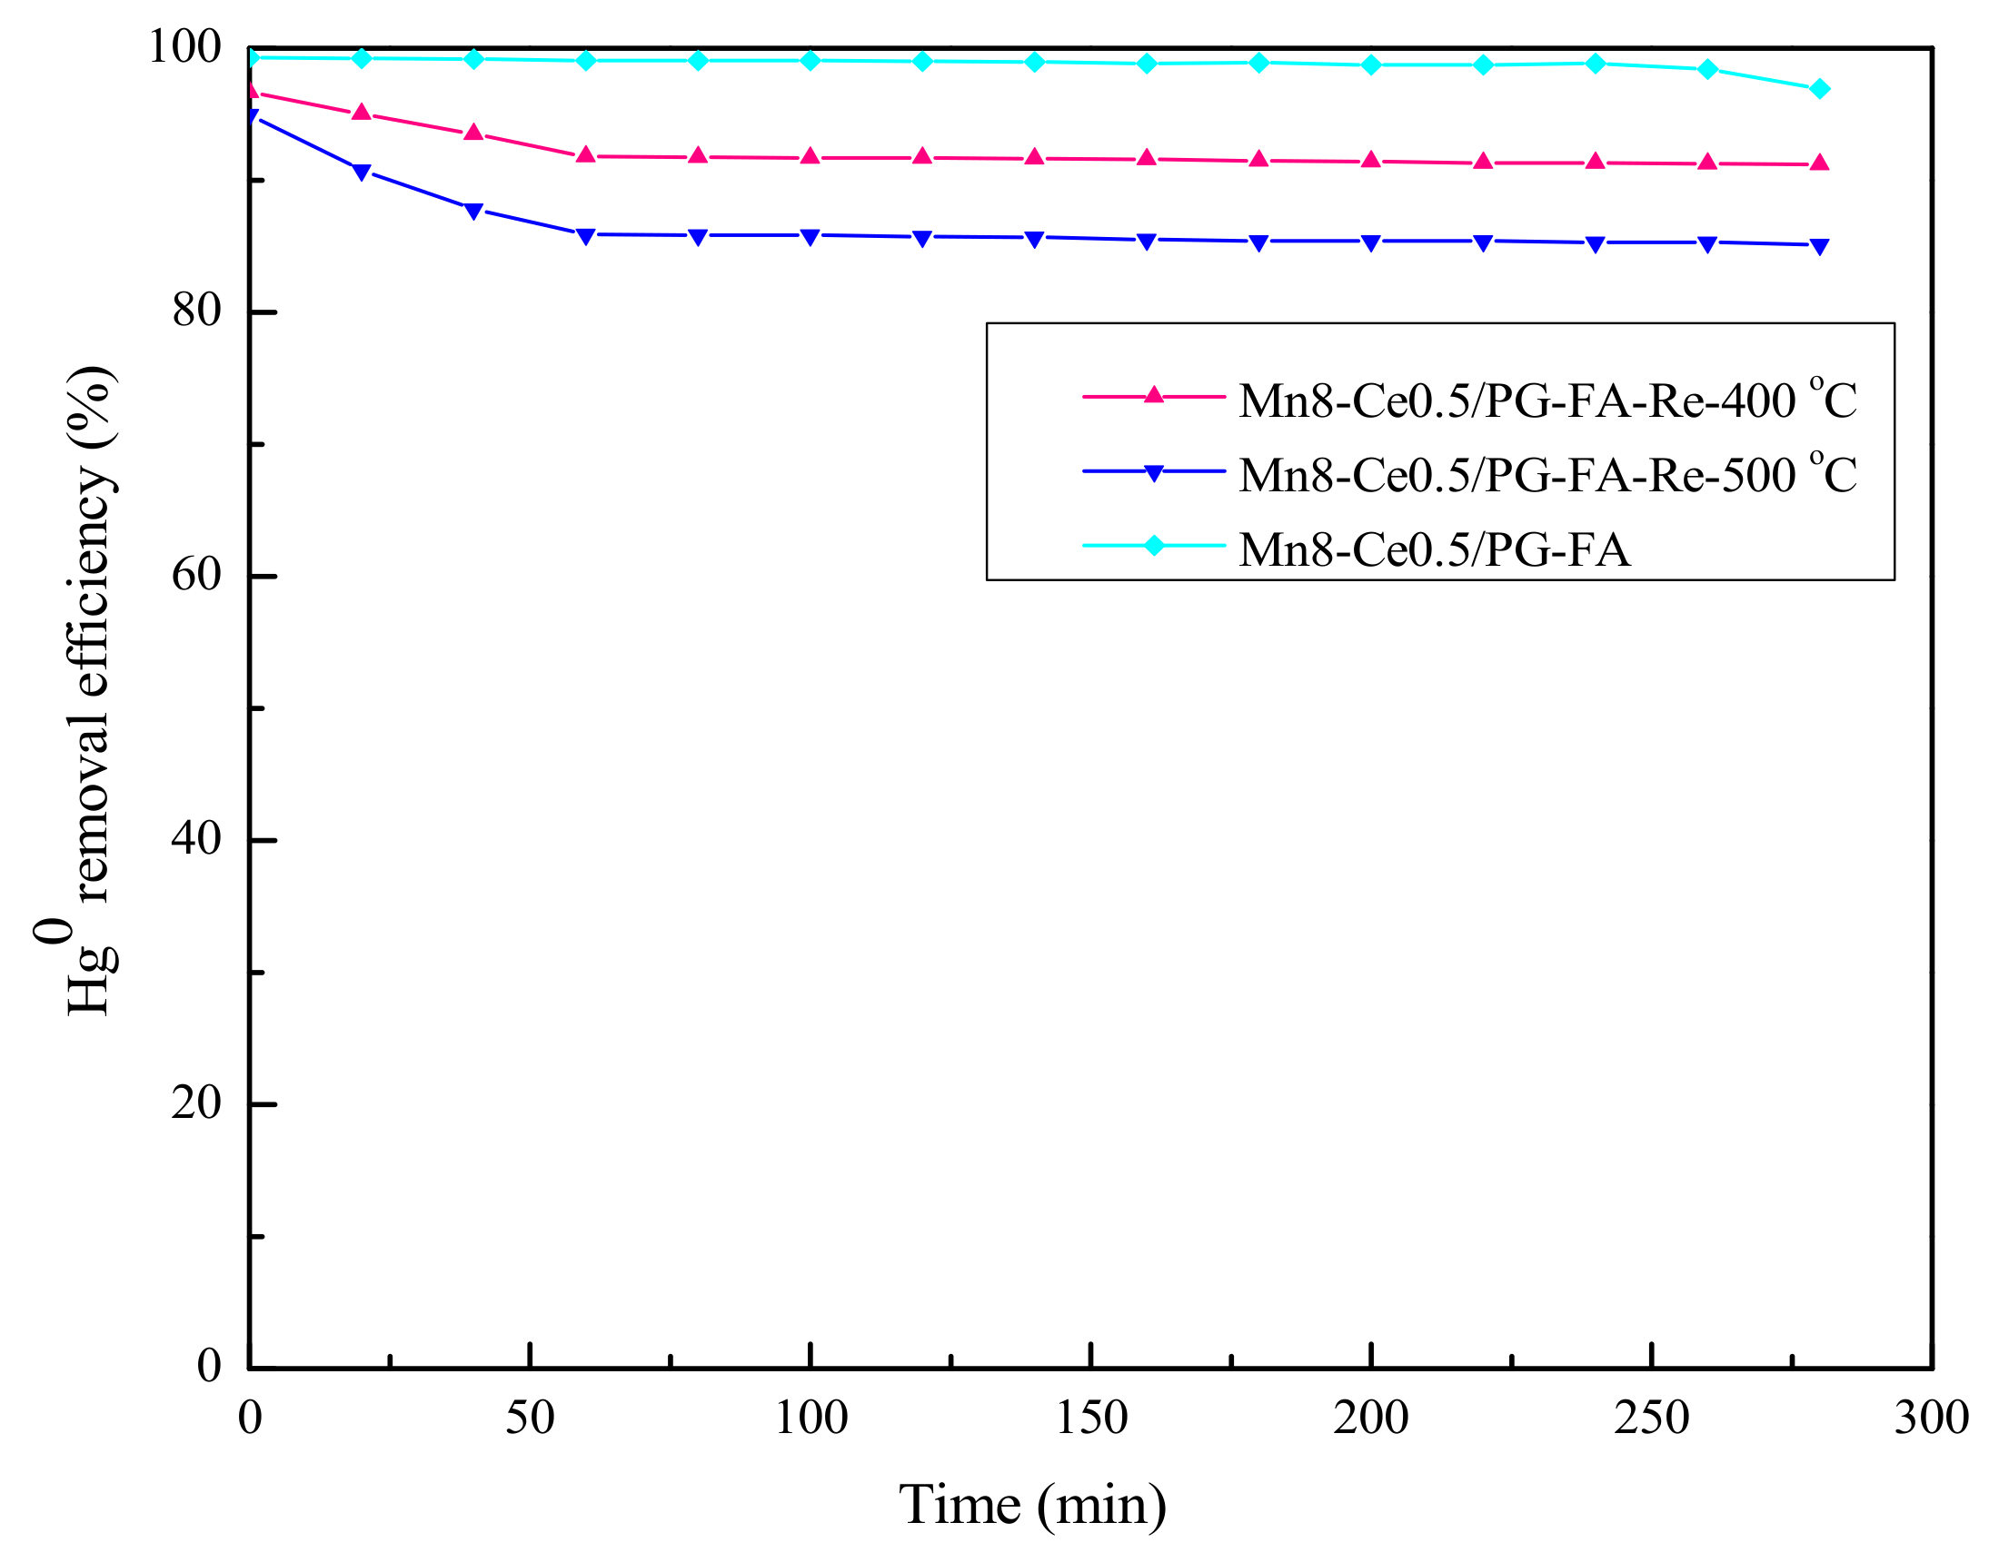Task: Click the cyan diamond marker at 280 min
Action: click(1820, 89)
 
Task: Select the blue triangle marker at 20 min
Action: click(362, 172)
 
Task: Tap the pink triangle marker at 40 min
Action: click(473, 132)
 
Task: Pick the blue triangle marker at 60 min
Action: click(586, 236)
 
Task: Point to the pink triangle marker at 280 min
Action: click(1820, 163)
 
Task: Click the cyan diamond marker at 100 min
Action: click(810, 61)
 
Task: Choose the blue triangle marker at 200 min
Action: click(1371, 242)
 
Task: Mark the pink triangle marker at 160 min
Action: click(1146, 157)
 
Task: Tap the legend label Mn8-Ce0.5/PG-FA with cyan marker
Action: click(1434, 549)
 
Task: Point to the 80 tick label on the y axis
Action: click(197, 311)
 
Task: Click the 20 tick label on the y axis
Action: click(197, 1102)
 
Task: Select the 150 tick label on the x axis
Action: click(1091, 1418)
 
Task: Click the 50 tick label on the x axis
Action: click(530, 1418)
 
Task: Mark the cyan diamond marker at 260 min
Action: click(1707, 69)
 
